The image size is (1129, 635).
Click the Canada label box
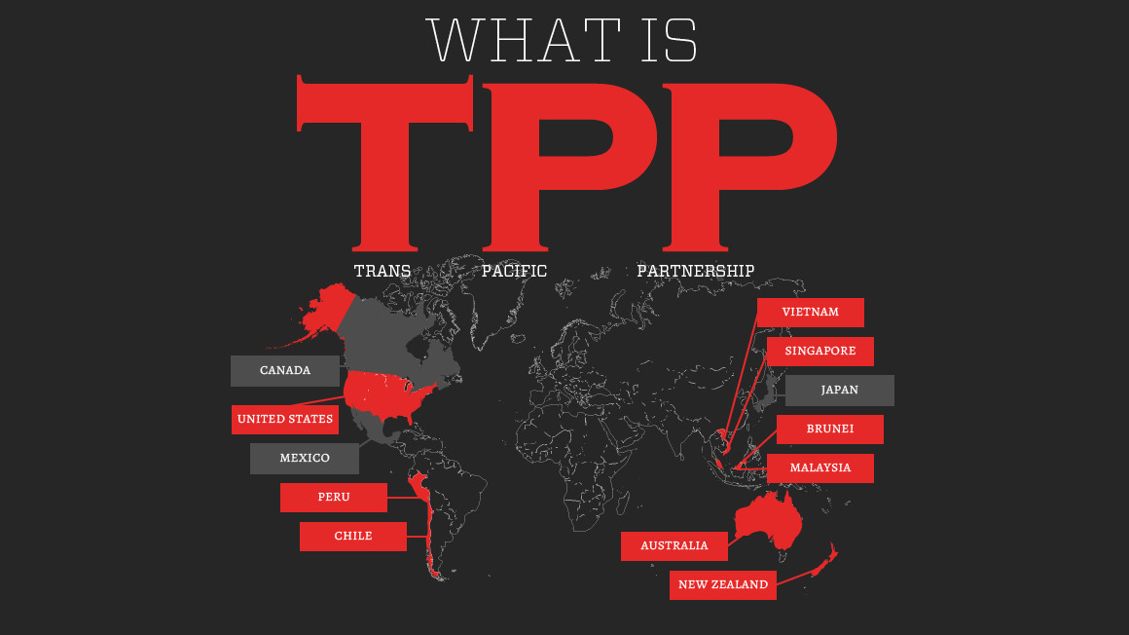[285, 371]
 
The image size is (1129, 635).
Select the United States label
[285, 420]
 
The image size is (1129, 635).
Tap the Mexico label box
[305, 459]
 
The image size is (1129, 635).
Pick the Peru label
[334, 498]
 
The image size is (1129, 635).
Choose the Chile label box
[353, 537]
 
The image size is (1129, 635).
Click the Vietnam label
[811, 313]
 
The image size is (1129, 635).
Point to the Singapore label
[820, 352]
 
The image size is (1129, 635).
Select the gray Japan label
[840, 391]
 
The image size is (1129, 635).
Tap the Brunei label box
[830, 430]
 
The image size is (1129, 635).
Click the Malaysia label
[820, 468]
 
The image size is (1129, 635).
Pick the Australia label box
[674, 546]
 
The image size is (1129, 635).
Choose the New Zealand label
[723, 585]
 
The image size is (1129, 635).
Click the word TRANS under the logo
[382, 271]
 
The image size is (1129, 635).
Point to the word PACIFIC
[514, 271]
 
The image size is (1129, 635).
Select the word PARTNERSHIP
[695, 271]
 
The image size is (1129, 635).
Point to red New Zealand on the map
[823, 564]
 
